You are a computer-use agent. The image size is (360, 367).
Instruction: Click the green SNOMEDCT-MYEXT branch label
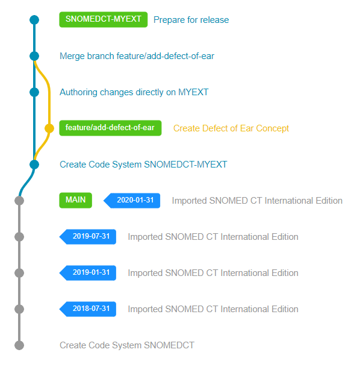(104, 19)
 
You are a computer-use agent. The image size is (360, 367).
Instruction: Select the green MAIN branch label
(75, 200)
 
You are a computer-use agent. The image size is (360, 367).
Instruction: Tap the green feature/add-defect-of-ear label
(110, 128)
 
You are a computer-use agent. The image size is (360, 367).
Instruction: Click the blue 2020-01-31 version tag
(132, 201)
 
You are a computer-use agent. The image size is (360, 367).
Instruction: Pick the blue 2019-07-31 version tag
(88, 237)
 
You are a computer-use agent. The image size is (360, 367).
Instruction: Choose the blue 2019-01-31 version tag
(88, 273)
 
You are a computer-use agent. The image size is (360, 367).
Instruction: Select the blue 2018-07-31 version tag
(88, 309)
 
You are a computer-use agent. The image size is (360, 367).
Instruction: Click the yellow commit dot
(49, 128)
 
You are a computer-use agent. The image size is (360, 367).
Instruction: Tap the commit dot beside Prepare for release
(34, 20)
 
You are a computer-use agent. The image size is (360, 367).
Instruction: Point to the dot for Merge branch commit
(34, 56)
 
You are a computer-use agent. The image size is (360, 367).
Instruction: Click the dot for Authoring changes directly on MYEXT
(34, 92)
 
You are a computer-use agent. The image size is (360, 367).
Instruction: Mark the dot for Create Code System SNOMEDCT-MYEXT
(34, 165)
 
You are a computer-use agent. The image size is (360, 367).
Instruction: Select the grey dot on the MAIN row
(19, 201)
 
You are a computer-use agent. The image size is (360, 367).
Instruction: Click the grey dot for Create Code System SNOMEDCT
(19, 345)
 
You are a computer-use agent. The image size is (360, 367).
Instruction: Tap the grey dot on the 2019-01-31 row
(19, 273)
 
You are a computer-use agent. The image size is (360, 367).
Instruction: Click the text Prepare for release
(191, 20)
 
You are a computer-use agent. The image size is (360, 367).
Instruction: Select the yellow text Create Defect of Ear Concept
(231, 128)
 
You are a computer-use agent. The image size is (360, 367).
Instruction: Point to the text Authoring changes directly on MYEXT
(134, 92)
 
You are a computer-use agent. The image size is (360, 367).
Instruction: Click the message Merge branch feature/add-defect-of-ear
(137, 56)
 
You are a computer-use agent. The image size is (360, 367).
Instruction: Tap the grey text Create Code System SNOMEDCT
(127, 345)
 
